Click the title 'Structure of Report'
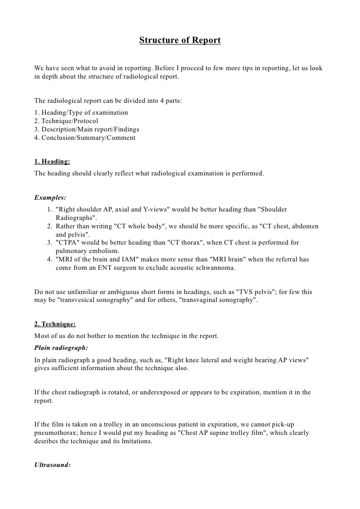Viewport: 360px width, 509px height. click(x=180, y=41)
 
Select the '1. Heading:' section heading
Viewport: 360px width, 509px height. click(x=52, y=162)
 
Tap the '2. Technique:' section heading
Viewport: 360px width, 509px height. click(x=55, y=324)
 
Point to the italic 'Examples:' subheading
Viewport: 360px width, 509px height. click(x=50, y=198)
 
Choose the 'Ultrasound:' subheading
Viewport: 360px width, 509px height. click(x=52, y=465)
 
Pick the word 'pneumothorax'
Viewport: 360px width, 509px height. click(x=56, y=433)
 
